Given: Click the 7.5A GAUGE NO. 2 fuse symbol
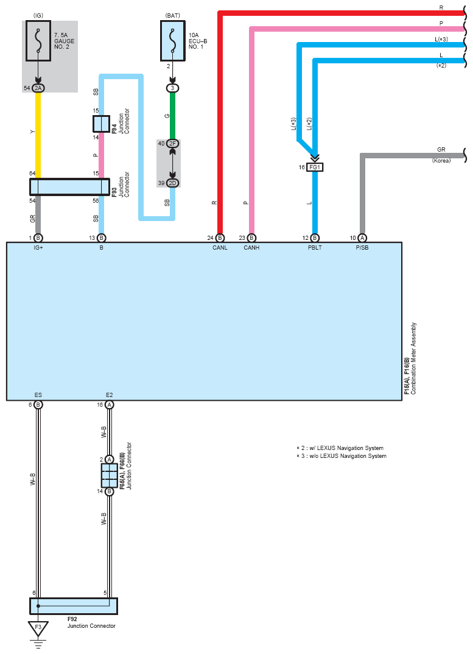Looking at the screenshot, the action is click(38, 41).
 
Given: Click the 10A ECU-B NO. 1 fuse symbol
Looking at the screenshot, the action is click(173, 41).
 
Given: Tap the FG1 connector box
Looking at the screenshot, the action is click(315, 167).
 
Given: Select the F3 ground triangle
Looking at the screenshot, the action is click(38, 628).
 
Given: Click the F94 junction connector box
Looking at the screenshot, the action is click(101, 124).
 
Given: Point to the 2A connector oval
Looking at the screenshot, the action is click(38, 88).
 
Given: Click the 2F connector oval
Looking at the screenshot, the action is click(173, 144).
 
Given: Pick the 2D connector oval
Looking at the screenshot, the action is click(173, 183).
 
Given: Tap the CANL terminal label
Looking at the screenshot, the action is click(220, 248).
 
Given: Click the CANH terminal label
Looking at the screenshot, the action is click(251, 248).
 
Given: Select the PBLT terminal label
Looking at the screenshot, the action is click(315, 248).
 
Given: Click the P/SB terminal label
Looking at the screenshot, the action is click(362, 248).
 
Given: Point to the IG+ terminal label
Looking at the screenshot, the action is click(38, 248).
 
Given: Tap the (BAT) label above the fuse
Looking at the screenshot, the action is click(173, 15).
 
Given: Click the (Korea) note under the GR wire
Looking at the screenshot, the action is click(441, 161).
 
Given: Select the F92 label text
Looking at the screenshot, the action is click(72, 619).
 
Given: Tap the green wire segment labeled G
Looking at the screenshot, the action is click(173, 116).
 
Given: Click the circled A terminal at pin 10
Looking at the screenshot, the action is click(362, 238).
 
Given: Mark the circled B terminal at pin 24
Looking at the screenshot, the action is click(220, 238).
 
